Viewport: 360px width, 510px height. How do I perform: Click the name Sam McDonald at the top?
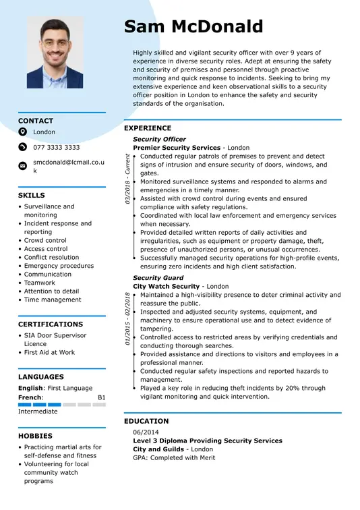tap(193, 26)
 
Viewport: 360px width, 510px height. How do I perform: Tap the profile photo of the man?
tap(55, 53)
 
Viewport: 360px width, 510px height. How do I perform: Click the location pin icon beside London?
tap(23, 132)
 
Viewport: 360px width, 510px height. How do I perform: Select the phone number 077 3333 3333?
tap(56, 147)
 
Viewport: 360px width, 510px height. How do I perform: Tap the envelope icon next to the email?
tap(23, 165)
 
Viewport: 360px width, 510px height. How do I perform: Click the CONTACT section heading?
tap(36, 121)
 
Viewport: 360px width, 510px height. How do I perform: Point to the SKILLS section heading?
tap(32, 195)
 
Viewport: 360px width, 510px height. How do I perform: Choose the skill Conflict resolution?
tap(51, 257)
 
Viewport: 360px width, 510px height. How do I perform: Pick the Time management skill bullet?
tap(52, 300)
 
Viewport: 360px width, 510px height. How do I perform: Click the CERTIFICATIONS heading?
tap(51, 324)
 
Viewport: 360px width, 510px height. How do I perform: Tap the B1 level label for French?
tap(102, 398)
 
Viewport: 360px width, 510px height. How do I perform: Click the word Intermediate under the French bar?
tap(38, 411)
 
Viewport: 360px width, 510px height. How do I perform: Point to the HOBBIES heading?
tap(35, 436)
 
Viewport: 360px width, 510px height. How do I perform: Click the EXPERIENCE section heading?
tap(148, 128)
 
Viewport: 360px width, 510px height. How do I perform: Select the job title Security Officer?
tap(159, 139)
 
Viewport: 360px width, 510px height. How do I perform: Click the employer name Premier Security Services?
tap(177, 148)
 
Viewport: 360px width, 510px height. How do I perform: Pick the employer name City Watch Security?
tap(166, 286)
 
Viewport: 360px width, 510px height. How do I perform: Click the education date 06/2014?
tap(146, 432)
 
